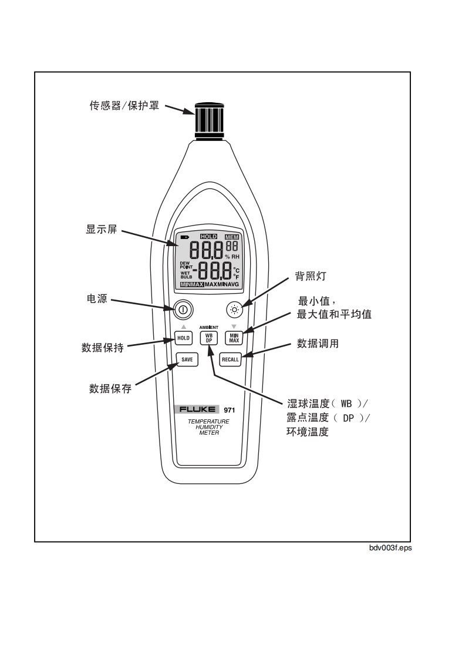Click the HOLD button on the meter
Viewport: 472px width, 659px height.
183,338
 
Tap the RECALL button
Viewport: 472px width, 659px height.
230,359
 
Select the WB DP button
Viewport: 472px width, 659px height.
208,338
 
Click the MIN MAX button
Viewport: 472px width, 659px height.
234,338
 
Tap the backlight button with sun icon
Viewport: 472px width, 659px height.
234,308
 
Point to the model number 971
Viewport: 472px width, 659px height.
230,410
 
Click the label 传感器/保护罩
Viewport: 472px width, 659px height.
124,107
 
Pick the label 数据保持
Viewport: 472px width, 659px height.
102,347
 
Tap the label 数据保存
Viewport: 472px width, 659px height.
110,388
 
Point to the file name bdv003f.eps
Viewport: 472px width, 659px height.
390,548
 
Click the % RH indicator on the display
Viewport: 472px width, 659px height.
232,257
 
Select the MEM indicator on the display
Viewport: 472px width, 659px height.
233,237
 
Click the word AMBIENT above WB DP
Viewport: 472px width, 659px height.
208,327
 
